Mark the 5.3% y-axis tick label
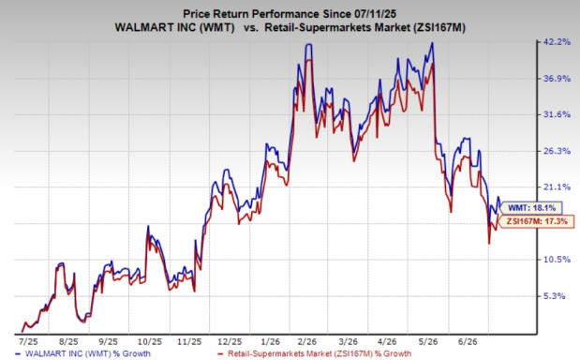[555, 296]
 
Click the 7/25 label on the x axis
[28, 341]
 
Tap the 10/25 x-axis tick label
[149, 341]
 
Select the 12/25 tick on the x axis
[230, 341]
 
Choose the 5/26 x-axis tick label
[428, 341]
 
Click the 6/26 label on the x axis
[468, 341]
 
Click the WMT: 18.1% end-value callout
[530, 208]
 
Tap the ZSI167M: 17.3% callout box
[536, 221]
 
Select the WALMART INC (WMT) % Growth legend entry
[83, 353]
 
